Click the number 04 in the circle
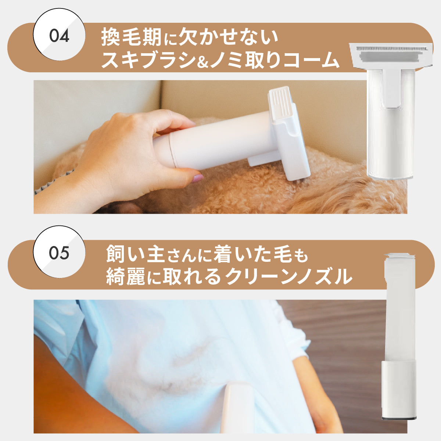point(59,36)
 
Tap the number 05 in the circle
point(59,253)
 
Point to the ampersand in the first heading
point(203,62)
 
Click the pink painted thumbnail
point(198,178)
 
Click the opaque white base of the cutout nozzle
point(399,389)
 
